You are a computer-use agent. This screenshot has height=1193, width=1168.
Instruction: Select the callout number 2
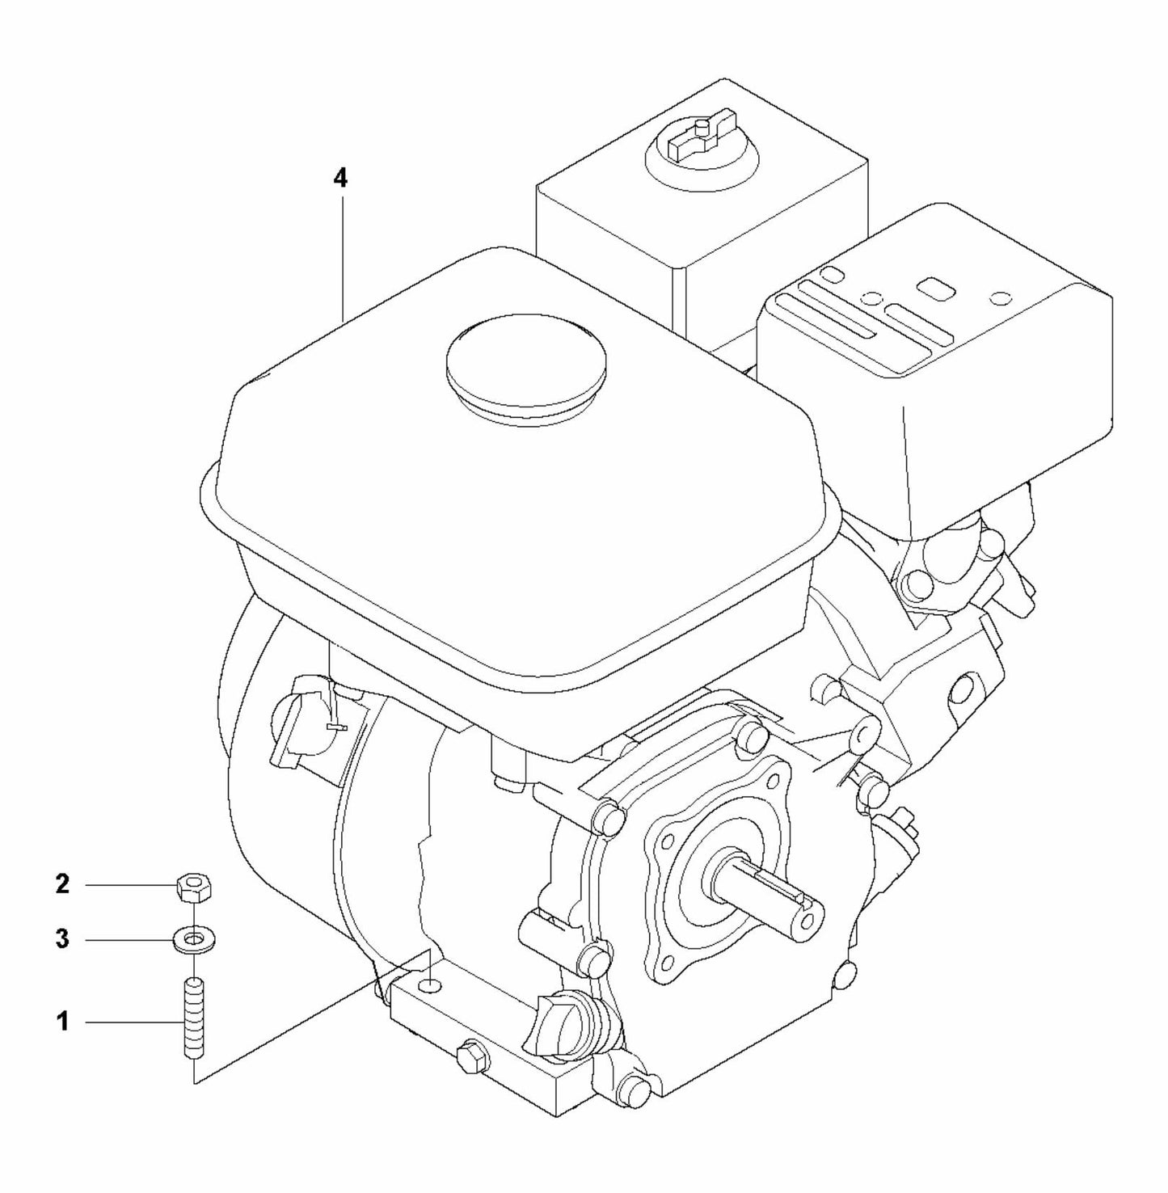point(62,885)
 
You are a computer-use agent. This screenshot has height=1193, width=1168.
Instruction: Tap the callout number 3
point(62,940)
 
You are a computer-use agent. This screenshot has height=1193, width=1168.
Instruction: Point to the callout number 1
point(62,1022)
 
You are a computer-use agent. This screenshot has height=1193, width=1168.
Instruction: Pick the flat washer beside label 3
point(193,941)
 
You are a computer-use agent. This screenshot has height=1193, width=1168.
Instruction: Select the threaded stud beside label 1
point(193,1018)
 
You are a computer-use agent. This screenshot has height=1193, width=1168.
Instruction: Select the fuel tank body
point(517,501)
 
